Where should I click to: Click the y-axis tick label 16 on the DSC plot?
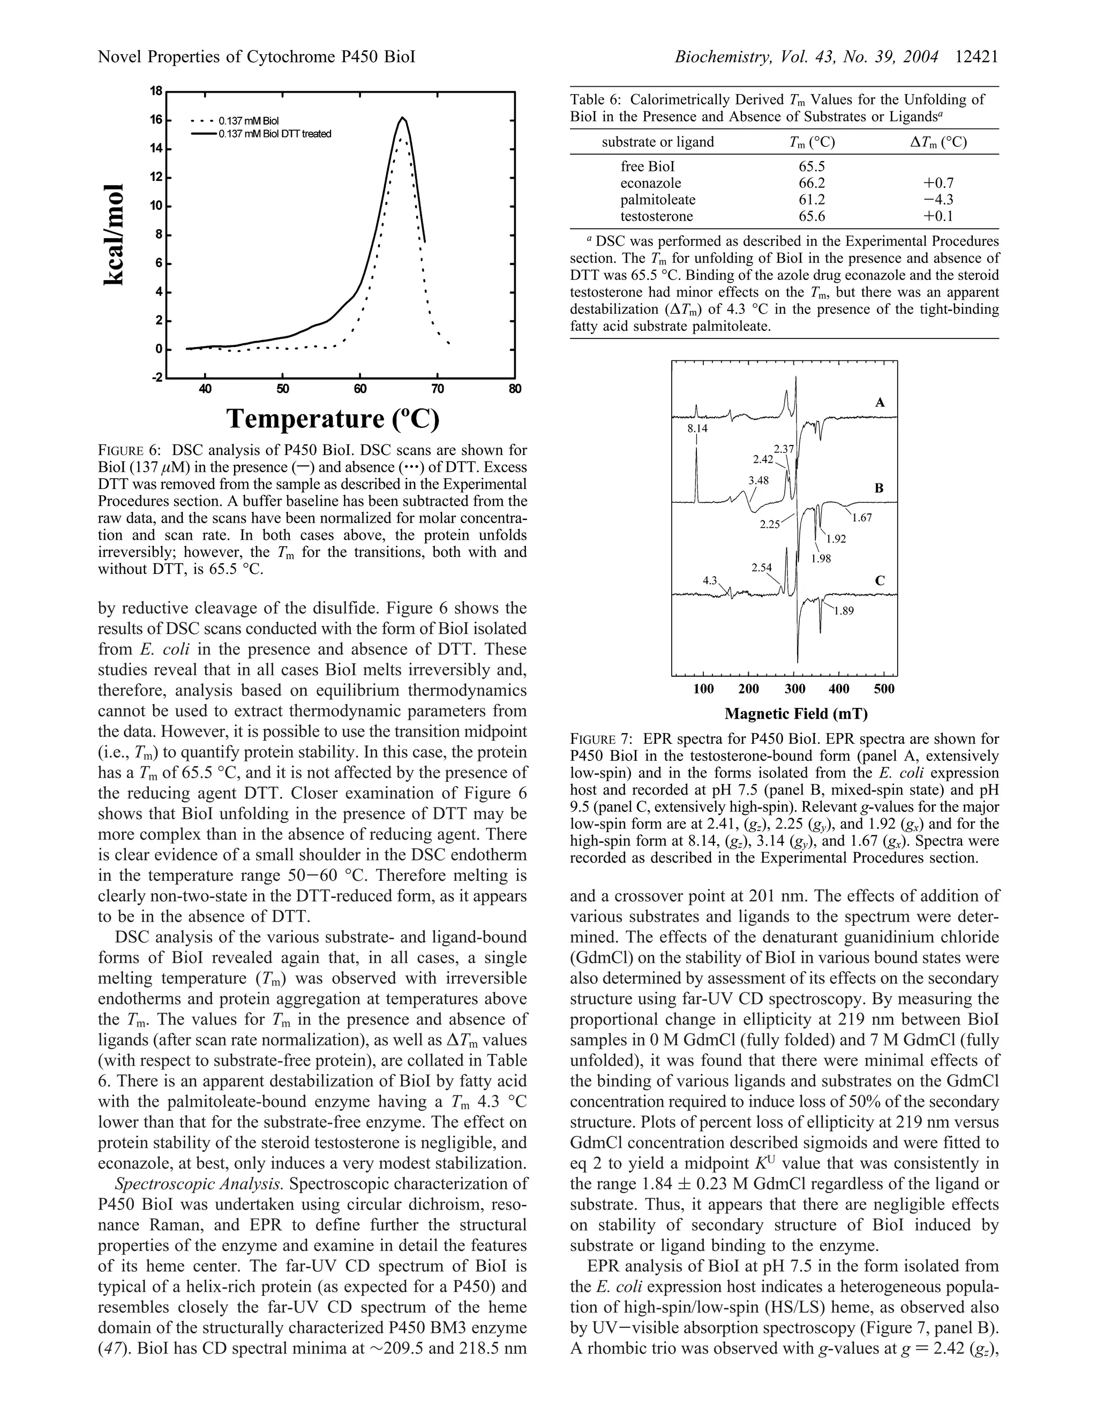pyautogui.click(x=156, y=120)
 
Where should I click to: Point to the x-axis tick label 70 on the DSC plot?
pyautogui.click(x=438, y=389)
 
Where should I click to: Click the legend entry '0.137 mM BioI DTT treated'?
pyautogui.click(x=275, y=134)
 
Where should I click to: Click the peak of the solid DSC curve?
pyautogui.click(x=402, y=118)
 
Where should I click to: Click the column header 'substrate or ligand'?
pyautogui.click(x=658, y=142)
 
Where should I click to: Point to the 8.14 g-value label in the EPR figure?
pyautogui.click(x=697, y=428)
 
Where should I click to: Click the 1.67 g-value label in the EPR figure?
pyautogui.click(x=862, y=518)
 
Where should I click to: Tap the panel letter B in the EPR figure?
pyautogui.click(x=880, y=488)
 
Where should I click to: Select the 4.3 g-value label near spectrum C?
pyautogui.click(x=710, y=580)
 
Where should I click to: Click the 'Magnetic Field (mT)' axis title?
pyautogui.click(x=796, y=714)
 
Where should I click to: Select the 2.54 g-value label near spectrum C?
pyautogui.click(x=762, y=567)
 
